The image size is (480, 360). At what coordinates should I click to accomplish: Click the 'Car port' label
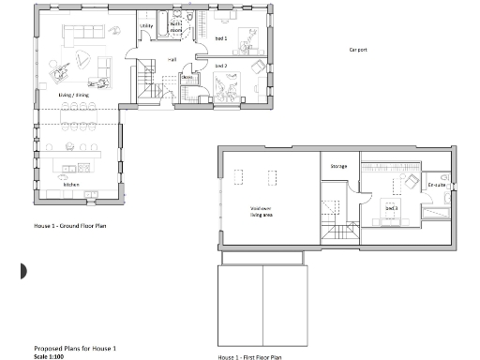(357, 49)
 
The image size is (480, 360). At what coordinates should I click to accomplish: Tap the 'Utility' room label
(146, 25)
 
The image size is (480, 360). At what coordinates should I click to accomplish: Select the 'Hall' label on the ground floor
(172, 60)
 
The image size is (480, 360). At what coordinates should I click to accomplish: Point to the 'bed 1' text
(220, 38)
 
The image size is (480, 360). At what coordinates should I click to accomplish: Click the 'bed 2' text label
(220, 67)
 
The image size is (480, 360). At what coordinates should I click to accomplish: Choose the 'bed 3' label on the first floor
(391, 207)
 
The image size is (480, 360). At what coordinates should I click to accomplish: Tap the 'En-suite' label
(436, 186)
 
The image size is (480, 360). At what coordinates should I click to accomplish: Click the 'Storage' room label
(338, 167)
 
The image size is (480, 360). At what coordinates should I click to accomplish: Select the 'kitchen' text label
(71, 185)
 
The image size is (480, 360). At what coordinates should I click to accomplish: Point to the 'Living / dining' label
(73, 96)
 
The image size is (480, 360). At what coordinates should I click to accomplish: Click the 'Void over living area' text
(261, 211)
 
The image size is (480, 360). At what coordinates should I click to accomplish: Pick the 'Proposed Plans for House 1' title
(74, 348)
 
